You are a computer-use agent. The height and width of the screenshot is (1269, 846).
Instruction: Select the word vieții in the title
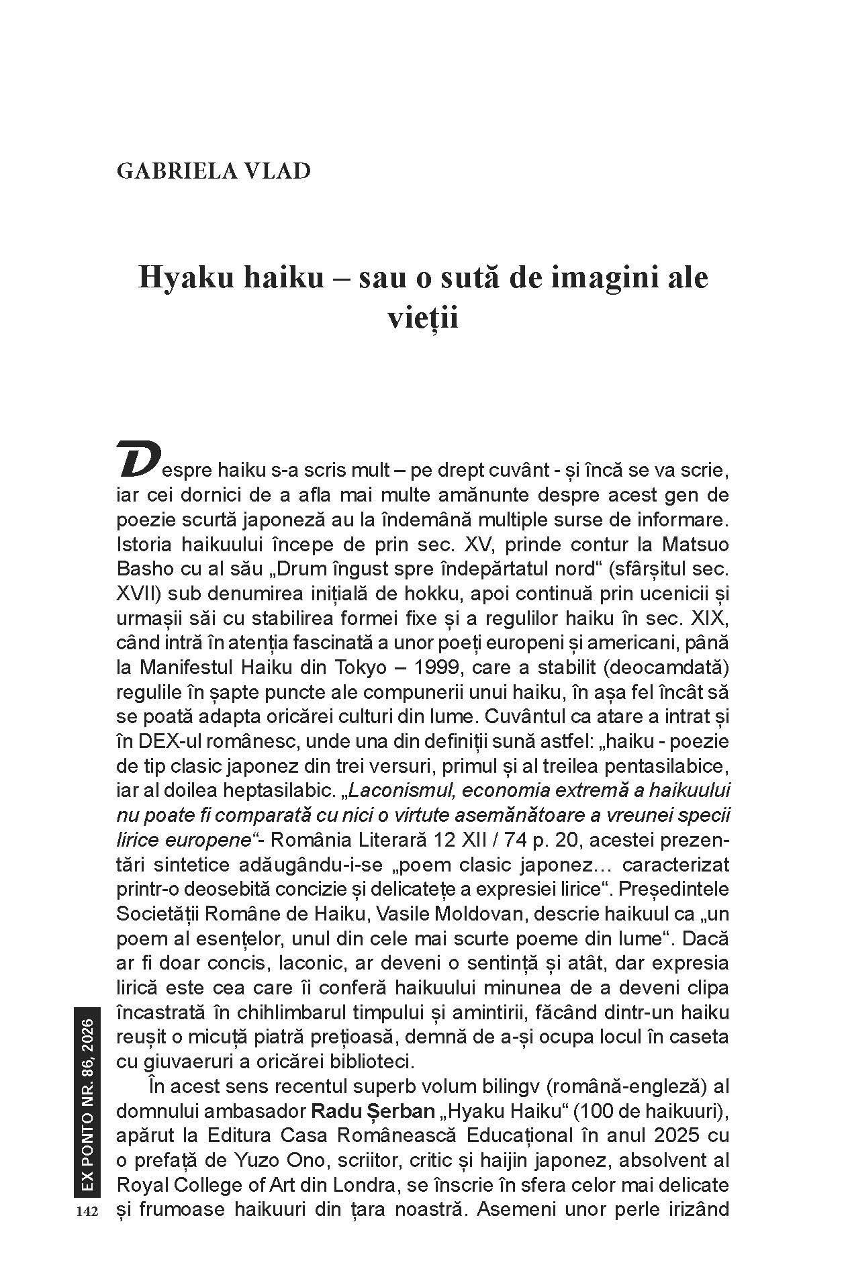[x=423, y=318]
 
